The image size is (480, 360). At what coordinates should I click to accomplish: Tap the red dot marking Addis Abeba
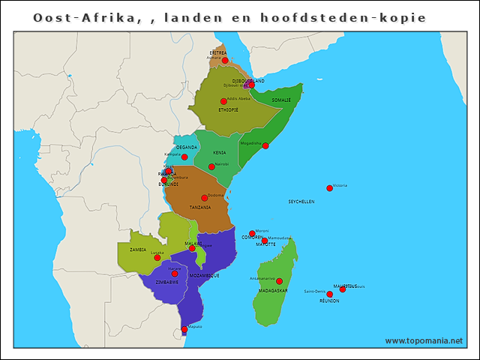point(223,101)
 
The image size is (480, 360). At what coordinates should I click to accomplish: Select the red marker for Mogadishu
point(265,146)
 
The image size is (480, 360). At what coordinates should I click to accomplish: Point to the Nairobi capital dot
point(211,166)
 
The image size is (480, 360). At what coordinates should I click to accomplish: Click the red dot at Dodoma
point(204,198)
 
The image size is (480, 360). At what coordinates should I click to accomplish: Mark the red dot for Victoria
point(329,188)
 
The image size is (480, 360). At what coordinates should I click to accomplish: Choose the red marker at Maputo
point(184,329)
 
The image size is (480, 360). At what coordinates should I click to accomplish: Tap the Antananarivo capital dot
point(280,281)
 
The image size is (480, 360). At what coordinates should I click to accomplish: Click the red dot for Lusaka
point(157,257)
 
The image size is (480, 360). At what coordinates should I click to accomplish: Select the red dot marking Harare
point(175,274)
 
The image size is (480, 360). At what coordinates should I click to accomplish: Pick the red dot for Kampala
point(184,157)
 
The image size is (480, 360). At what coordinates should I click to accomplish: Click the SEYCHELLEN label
point(301,202)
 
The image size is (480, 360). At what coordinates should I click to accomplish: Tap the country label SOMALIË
point(280,100)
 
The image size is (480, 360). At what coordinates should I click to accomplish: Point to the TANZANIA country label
point(200,207)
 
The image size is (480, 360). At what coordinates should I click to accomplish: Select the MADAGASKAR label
point(273,290)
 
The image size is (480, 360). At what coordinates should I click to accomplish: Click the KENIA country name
point(219,152)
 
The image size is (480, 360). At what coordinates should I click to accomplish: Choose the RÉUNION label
point(329,301)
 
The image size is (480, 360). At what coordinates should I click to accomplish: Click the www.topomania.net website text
point(424,340)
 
